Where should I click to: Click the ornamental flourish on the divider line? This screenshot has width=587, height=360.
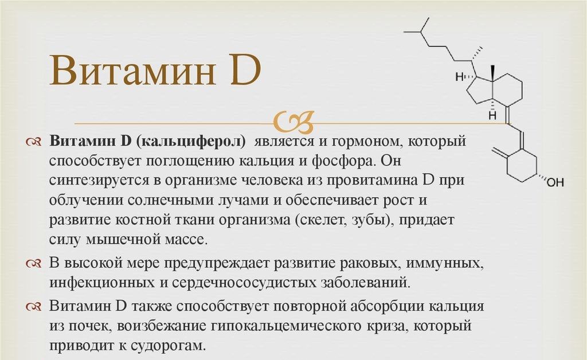(294, 122)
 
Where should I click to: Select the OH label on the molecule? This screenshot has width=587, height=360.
(555, 182)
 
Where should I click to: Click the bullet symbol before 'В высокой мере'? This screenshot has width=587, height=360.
(34, 264)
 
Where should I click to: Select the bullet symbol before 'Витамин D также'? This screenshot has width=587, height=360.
(34, 307)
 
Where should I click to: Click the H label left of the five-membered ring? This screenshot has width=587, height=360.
(459, 77)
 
